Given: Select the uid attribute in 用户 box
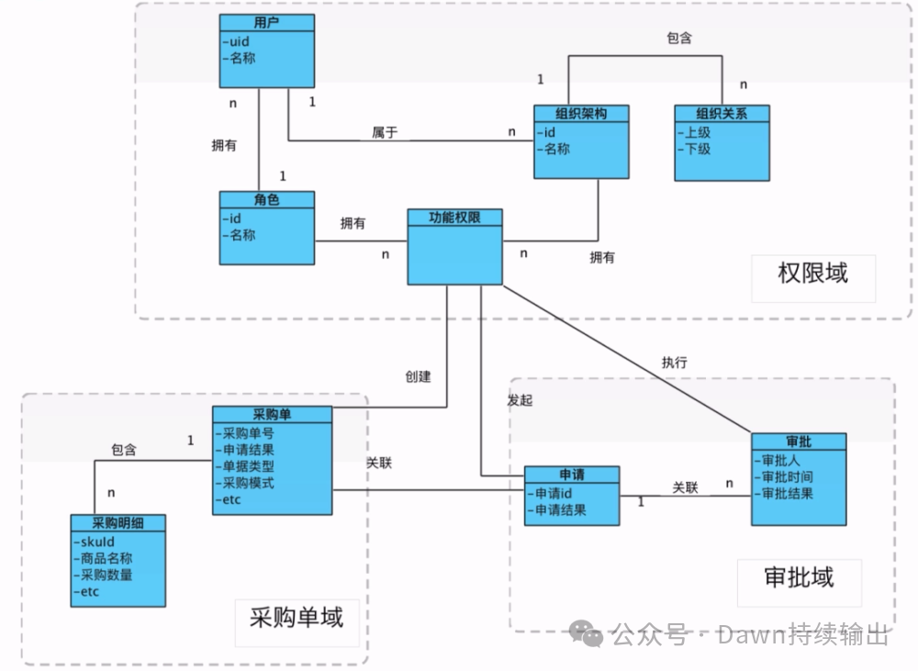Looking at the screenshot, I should pos(237,41).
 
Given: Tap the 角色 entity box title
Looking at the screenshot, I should pos(266,199).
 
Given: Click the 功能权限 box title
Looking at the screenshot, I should pos(454,218).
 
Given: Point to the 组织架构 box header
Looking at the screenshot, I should pos(582,113).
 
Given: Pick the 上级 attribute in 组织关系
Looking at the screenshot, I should pos(697,132).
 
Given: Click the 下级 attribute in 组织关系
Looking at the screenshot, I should pos(697,148).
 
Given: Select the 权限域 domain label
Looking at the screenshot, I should pos(812,273).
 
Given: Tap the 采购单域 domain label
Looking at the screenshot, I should pos(297,617).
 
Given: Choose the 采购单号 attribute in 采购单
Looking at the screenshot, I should pos(248,433).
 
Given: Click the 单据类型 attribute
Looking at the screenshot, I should pos(248,466).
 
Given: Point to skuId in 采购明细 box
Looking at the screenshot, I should pos(95,542).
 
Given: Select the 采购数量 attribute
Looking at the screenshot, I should pos(106,575).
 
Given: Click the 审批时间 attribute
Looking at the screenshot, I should pos(786,476).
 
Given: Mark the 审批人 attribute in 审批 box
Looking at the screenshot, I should pos(779,460).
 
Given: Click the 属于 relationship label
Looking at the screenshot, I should pos(385,133).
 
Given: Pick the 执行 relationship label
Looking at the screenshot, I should pos(674,362).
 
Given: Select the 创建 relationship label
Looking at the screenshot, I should pos(418,376).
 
